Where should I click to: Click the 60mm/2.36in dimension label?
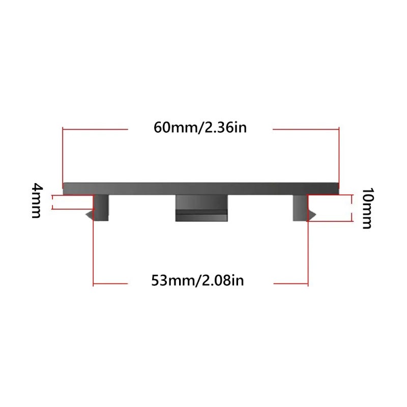pos(200,128)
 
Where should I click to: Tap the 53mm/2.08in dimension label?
pos(197,281)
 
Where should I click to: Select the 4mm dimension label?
pos(37,200)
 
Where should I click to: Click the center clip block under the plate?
pos(201,208)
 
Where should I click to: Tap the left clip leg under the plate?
pos(101,208)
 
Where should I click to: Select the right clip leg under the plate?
pos(300,208)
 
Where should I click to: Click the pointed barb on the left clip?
pos(90,215)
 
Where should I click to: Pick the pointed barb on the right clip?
pos(312,214)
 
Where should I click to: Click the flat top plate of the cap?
pos(201,188)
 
